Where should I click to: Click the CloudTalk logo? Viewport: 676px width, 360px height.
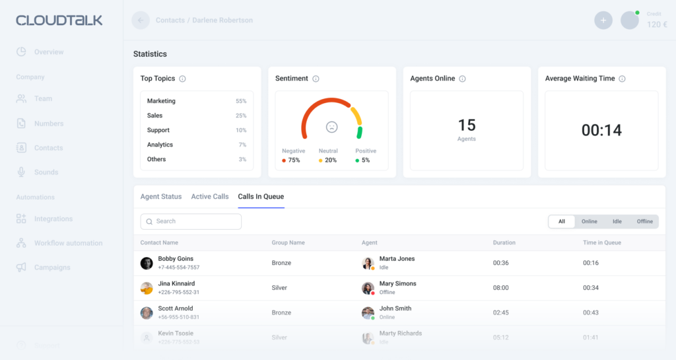click(59, 20)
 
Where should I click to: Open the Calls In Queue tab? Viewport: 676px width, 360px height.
click(261, 197)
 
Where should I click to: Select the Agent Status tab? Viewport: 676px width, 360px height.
click(160, 197)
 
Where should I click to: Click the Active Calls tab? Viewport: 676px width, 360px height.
click(210, 197)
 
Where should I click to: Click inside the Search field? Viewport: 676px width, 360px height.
click(191, 221)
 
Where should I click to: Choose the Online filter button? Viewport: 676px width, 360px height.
click(589, 222)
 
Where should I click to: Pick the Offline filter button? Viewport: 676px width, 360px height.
click(644, 222)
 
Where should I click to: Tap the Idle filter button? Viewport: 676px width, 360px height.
click(617, 222)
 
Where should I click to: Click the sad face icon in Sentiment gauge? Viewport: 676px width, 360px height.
click(331, 127)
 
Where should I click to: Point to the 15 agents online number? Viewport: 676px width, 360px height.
click(467, 125)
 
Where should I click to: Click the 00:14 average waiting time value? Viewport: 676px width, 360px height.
click(601, 130)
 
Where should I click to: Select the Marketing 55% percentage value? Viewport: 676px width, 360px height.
click(241, 102)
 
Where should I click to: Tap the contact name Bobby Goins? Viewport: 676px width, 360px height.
click(176, 259)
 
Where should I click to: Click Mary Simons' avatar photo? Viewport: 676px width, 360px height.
click(368, 288)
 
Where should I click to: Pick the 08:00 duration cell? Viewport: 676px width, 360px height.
click(500, 288)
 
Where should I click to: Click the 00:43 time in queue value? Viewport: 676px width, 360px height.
click(590, 312)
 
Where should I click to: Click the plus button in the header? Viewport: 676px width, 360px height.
click(603, 20)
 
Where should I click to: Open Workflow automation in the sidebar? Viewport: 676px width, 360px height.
click(68, 243)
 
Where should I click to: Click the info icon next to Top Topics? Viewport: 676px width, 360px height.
click(182, 79)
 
